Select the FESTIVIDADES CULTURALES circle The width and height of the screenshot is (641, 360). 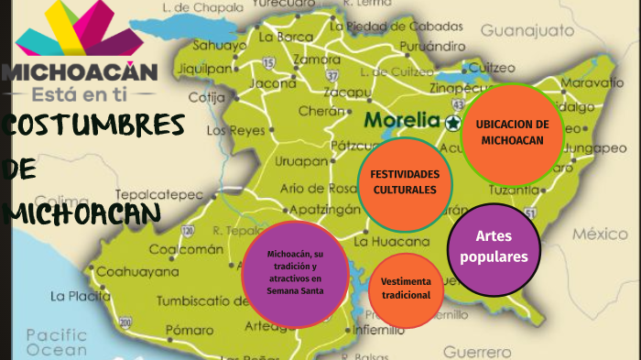point(404,182)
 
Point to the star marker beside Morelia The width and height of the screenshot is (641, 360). point(452,121)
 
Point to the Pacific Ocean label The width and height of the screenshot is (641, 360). point(56,342)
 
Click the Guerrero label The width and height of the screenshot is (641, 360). point(477,350)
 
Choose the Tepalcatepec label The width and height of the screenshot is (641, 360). point(158,194)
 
